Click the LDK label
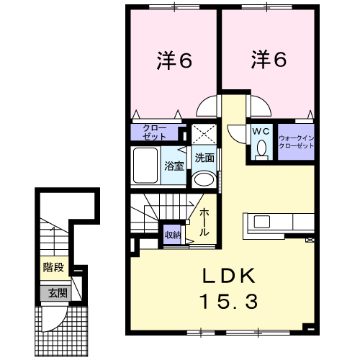[x=229, y=276]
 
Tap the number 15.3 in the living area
[x=229, y=302]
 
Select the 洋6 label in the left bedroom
[x=174, y=60]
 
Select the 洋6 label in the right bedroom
[x=269, y=59]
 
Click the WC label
[x=261, y=131]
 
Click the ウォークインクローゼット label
[x=297, y=142]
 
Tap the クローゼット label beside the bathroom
[x=155, y=132]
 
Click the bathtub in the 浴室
[x=145, y=166]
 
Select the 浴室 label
[x=174, y=166]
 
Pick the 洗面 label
[x=204, y=158]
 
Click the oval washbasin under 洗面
[x=204, y=179]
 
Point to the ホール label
[x=204, y=222]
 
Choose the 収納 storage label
[x=173, y=235]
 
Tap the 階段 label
[x=54, y=267]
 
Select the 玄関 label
[x=58, y=293]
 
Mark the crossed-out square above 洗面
[x=204, y=135]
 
